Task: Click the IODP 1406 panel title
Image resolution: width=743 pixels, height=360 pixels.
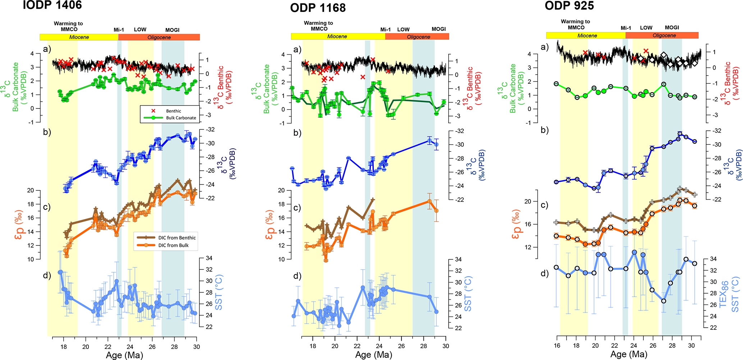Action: coord(52,5)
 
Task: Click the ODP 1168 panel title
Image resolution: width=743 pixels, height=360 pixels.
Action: coord(318,8)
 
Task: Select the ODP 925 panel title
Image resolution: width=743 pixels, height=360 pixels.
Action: coord(569,6)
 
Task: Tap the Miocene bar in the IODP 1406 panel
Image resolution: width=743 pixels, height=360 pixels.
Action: coord(79,37)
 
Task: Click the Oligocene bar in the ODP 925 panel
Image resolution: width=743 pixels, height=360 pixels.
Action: coord(664,35)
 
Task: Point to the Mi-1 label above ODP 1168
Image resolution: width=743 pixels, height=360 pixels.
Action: coord(385,29)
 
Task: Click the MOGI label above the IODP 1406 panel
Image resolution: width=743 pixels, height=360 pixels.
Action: coord(172,30)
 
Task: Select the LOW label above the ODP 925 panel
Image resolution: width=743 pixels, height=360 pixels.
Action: coord(646,28)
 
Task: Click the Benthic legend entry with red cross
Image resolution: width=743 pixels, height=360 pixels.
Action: coord(169,111)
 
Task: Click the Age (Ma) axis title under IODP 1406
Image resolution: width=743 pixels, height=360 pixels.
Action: coord(124,355)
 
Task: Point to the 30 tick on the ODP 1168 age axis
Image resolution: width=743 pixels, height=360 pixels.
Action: coord(446,346)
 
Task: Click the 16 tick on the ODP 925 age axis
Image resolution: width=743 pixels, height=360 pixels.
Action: coord(557,346)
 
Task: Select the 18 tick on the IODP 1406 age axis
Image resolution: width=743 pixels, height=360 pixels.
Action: coord(63,347)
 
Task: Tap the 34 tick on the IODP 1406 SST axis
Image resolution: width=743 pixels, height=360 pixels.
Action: coord(208,258)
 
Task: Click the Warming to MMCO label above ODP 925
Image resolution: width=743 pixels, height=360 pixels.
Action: coord(575,24)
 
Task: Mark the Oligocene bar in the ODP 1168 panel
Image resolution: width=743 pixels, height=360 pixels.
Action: coord(418,37)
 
